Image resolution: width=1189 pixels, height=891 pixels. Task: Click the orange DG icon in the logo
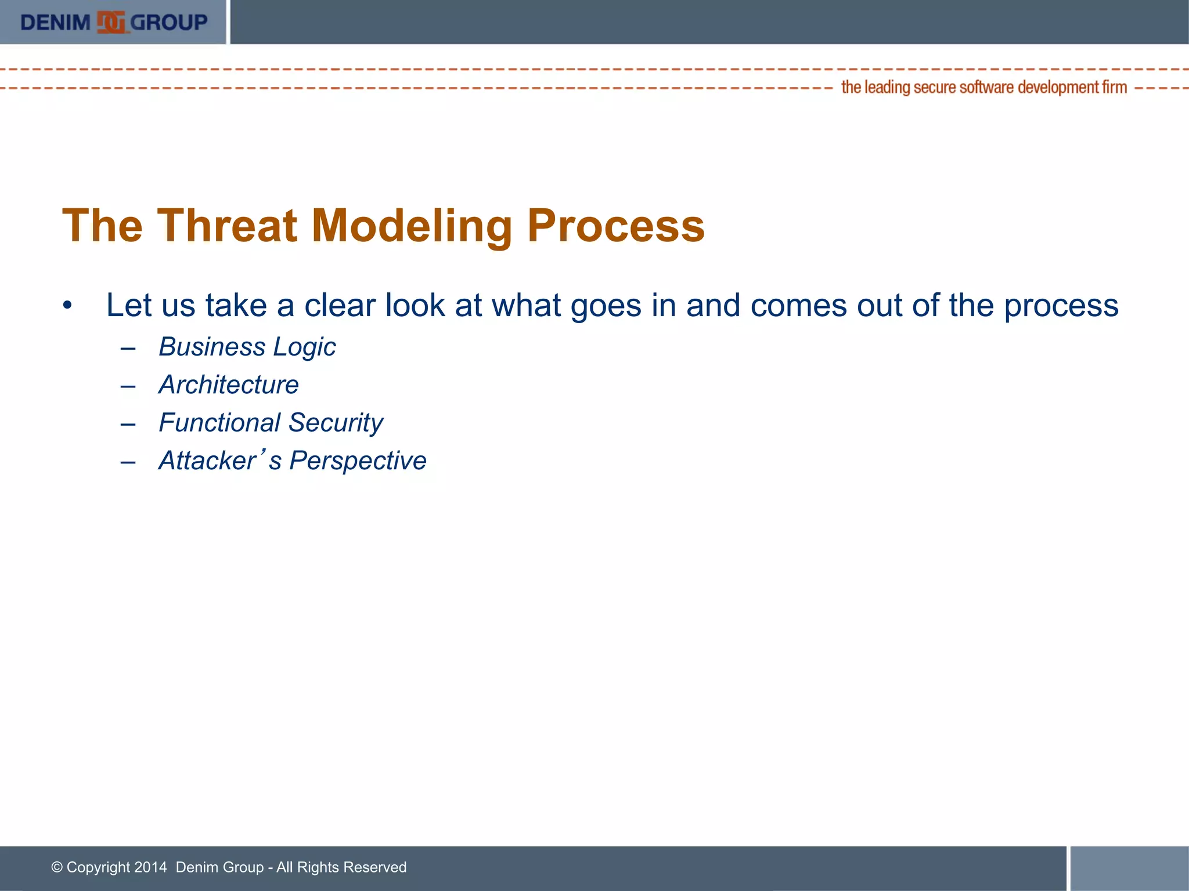pos(111,23)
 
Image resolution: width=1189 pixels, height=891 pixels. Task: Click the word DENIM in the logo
pos(55,23)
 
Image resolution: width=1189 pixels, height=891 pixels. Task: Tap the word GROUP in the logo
pos(169,23)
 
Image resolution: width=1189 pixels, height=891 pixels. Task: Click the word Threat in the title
pos(227,226)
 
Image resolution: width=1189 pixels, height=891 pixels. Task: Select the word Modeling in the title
pos(412,226)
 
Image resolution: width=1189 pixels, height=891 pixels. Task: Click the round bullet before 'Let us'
pos(68,306)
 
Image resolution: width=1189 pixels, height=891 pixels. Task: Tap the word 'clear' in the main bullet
pos(340,305)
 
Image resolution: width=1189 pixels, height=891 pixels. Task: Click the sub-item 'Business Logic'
pos(247,347)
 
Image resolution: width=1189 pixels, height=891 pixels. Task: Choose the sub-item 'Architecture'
pos(229,385)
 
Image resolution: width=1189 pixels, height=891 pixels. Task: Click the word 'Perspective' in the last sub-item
pos(358,461)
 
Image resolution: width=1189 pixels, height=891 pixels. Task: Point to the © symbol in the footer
pos(57,867)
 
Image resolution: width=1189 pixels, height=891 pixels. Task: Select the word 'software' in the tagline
pos(986,88)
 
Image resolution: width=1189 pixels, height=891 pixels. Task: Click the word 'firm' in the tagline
pos(1114,88)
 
